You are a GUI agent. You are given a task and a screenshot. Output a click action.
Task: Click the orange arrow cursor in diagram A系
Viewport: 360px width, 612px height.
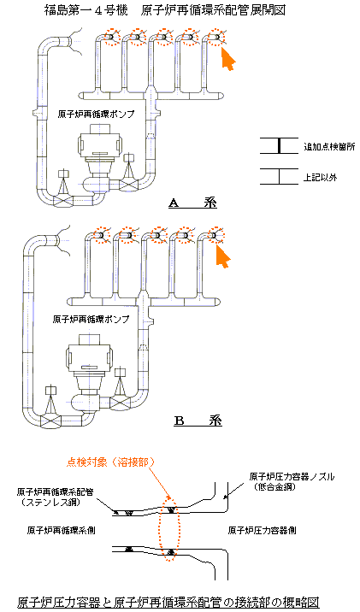point(229,59)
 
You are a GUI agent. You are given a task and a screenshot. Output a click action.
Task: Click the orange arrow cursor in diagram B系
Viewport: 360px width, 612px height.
point(223,256)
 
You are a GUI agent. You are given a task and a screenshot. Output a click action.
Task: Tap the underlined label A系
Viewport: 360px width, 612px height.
point(193,203)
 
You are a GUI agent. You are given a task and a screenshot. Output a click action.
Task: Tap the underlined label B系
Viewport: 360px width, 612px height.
point(198,421)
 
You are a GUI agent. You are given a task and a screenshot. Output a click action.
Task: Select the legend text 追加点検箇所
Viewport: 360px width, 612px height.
point(329,147)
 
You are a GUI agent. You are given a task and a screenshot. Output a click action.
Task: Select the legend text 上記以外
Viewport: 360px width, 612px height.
point(320,178)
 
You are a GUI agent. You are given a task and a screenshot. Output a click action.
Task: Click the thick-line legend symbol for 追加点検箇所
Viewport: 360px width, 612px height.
point(279,145)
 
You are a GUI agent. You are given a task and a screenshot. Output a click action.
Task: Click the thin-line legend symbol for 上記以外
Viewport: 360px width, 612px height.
point(279,176)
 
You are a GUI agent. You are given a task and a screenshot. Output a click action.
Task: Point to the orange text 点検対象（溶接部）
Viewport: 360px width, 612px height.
point(111,462)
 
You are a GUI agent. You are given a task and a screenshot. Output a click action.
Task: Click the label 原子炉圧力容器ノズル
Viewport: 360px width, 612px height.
point(292,477)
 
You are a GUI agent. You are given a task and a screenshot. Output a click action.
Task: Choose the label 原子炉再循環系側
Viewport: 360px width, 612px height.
point(62,531)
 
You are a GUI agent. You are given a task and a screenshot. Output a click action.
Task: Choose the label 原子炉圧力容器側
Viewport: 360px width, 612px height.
point(262,531)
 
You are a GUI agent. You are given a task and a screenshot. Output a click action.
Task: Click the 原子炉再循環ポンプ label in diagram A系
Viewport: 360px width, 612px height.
point(96,115)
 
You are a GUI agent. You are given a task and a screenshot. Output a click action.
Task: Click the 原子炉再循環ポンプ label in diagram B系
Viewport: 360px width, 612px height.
point(91,319)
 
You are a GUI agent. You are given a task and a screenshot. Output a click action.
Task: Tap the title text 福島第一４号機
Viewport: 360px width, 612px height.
point(86,10)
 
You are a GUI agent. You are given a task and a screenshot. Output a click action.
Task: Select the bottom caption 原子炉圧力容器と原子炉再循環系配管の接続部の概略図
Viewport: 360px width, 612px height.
point(168,602)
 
